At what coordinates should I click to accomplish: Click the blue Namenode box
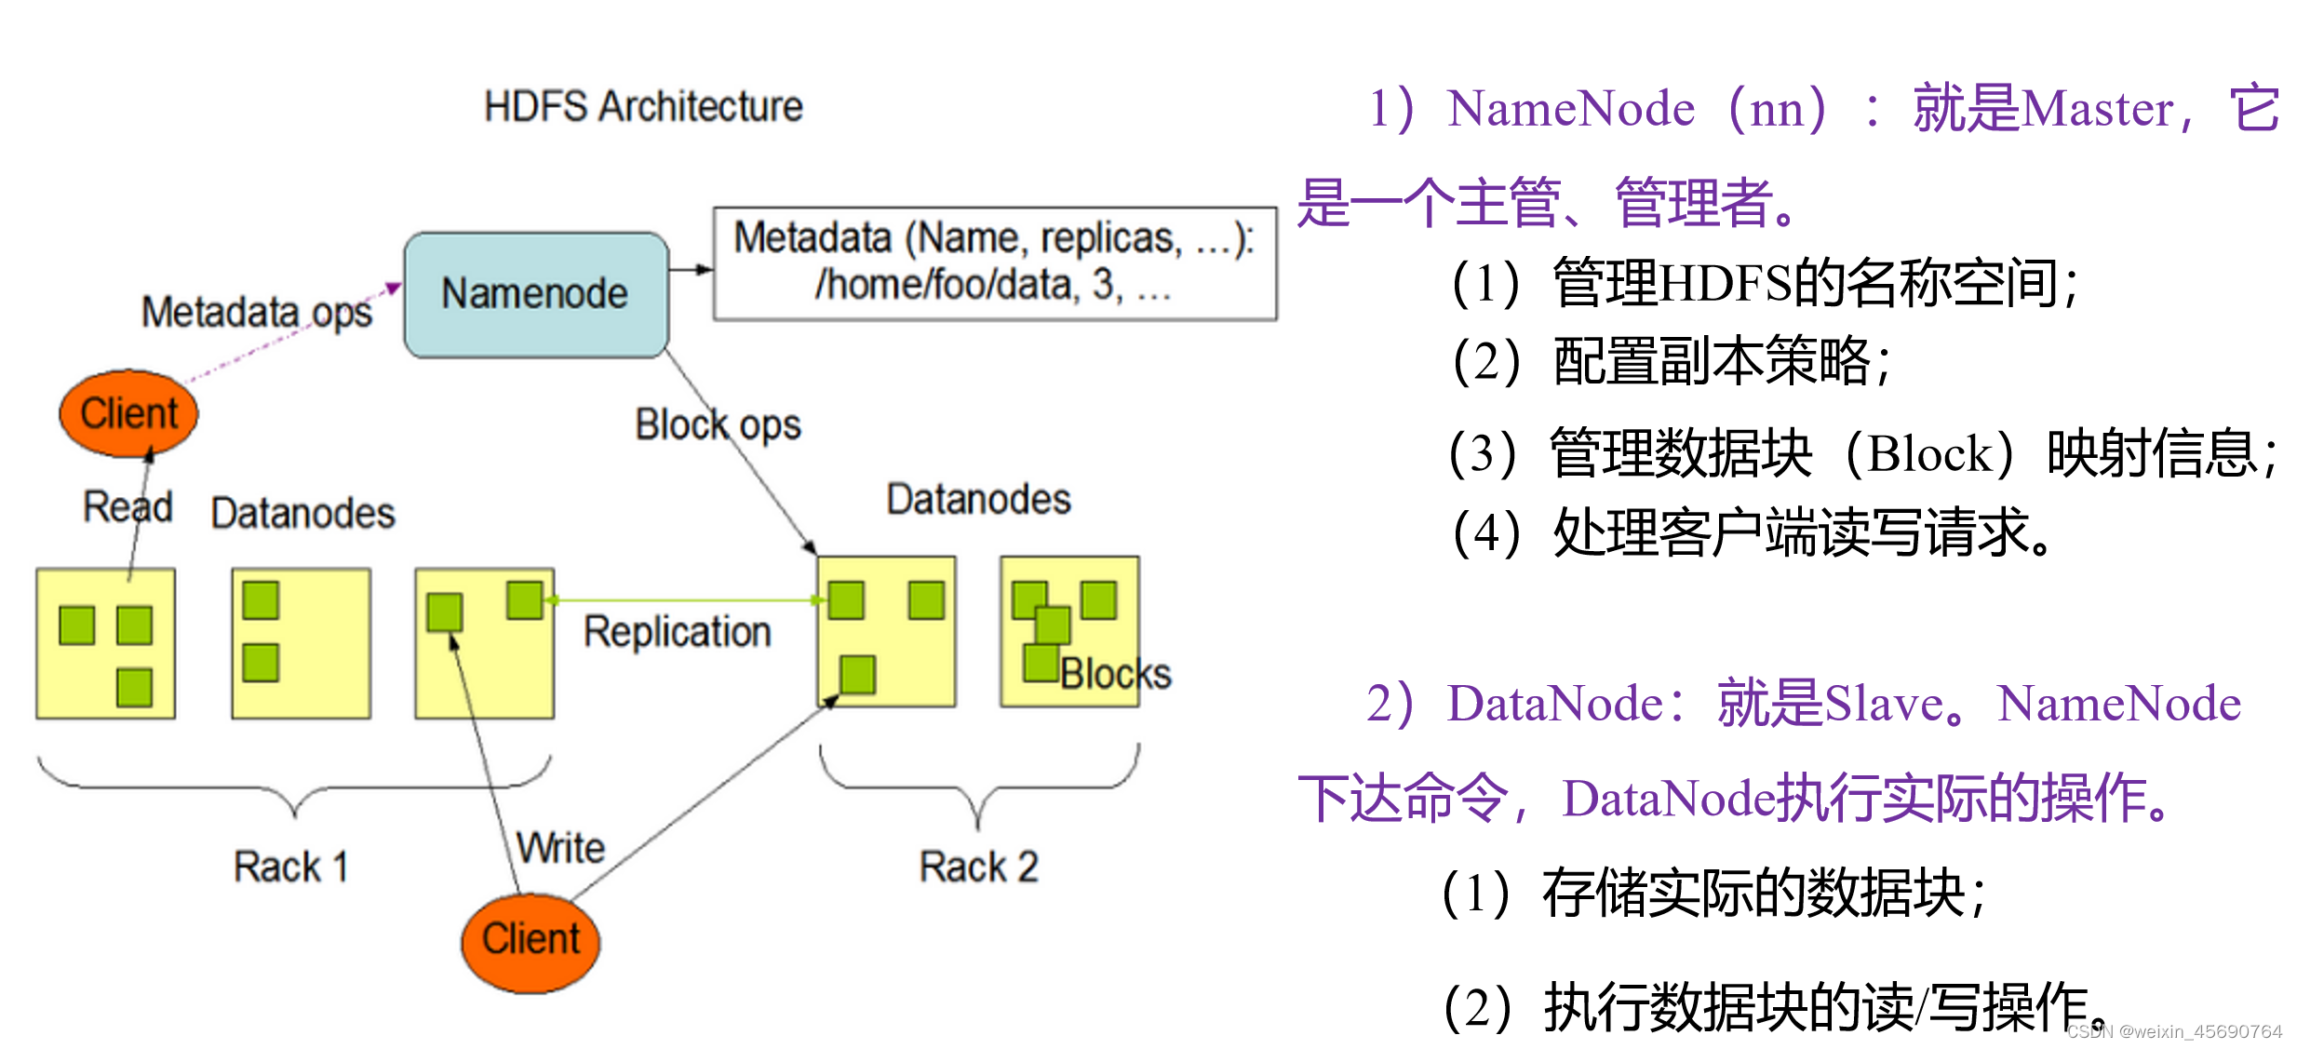(x=536, y=294)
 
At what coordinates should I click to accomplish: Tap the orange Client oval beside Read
(x=128, y=413)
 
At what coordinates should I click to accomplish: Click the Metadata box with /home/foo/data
(x=994, y=263)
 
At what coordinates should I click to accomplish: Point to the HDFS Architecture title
(x=643, y=106)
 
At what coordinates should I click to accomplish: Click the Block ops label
(x=718, y=425)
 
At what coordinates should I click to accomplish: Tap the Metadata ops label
(x=256, y=312)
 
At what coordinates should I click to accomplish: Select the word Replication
(x=677, y=632)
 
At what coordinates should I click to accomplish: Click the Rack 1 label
(x=290, y=867)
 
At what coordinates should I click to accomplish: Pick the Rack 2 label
(x=978, y=867)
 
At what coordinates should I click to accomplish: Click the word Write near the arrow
(x=560, y=848)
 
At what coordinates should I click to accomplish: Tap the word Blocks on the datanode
(x=1115, y=674)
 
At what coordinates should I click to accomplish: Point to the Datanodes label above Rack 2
(x=978, y=499)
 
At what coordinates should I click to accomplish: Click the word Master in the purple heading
(x=2098, y=110)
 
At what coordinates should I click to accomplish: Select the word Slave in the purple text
(x=1882, y=704)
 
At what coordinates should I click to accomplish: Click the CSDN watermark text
(x=2174, y=1031)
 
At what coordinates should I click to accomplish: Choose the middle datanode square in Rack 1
(x=301, y=643)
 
